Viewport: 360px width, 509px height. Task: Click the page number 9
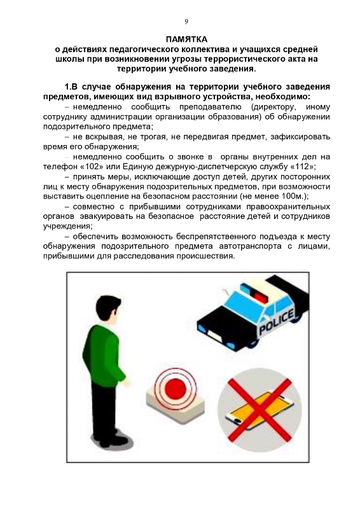[x=186, y=22]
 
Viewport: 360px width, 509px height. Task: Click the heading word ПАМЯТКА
[x=186, y=39]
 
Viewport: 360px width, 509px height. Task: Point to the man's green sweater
[x=103, y=354]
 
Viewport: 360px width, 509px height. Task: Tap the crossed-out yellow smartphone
[x=260, y=410]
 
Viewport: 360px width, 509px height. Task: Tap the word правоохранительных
[x=288, y=206]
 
